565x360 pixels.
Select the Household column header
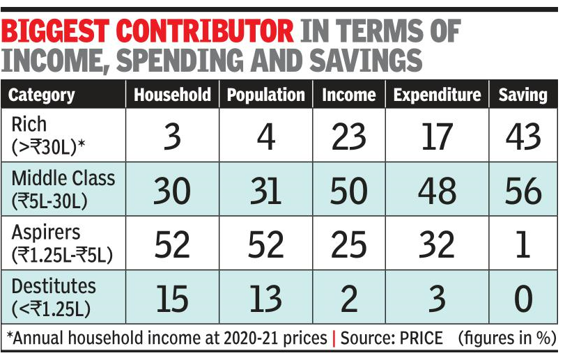pyautogui.click(x=171, y=95)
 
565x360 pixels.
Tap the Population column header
pyautogui.click(x=266, y=95)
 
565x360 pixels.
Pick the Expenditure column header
pyautogui.click(x=437, y=95)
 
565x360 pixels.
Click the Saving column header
pyautogui.click(x=523, y=95)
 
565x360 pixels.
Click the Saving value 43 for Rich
pyautogui.click(x=523, y=136)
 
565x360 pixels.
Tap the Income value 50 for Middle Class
pyautogui.click(x=348, y=189)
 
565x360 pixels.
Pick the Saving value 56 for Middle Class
pyautogui.click(x=523, y=189)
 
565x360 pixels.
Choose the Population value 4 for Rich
pyautogui.click(x=266, y=136)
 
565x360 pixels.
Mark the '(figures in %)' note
pyautogui.click(x=506, y=338)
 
